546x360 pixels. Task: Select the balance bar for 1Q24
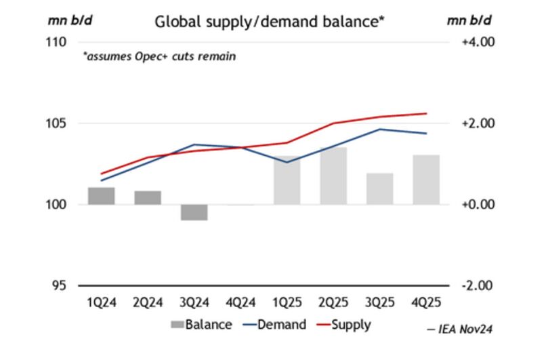coord(102,196)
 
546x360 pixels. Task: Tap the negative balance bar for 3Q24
coord(194,212)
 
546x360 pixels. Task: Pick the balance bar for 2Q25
coord(333,176)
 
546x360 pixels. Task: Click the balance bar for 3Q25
coord(380,188)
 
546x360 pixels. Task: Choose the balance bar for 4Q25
coord(426,180)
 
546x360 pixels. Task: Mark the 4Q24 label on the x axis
coord(240,303)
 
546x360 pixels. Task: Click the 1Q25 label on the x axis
coord(287,303)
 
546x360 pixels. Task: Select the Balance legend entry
coord(201,325)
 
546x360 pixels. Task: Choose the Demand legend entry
coord(274,325)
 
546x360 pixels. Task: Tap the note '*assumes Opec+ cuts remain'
coord(159,57)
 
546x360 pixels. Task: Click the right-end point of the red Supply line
coord(426,113)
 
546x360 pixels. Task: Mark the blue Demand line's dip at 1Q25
coord(287,162)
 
